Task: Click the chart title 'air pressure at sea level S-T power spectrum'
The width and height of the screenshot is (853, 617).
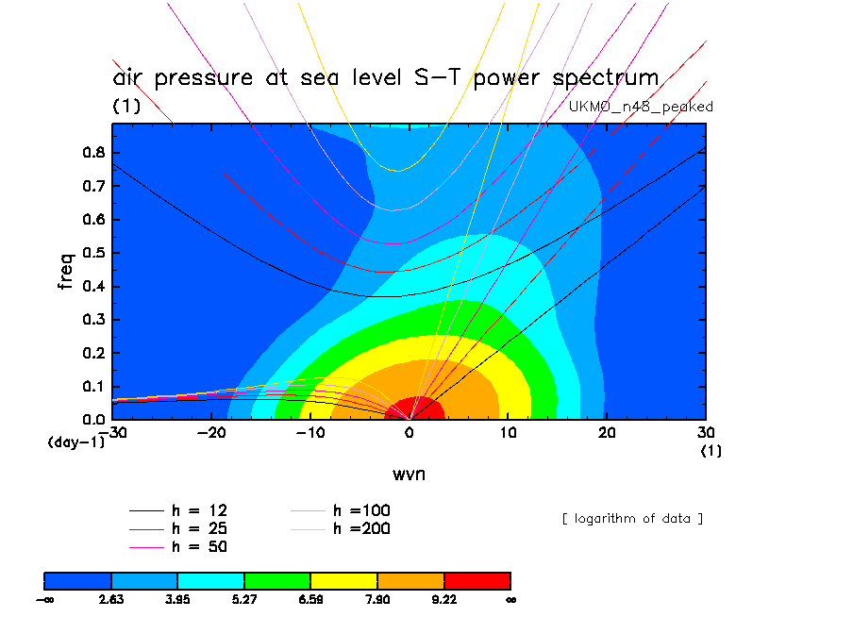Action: [385, 78]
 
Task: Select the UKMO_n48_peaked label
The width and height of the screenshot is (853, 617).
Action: [641, 107]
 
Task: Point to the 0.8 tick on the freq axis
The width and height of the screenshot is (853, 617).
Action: [94, 153]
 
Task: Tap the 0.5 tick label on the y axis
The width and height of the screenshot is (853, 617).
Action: [94, 253]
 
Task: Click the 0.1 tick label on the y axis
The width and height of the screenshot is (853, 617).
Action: [94, 386]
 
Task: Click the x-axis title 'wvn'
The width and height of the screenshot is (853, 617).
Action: [409, 473]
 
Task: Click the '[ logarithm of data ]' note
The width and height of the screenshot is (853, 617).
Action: [632, 519]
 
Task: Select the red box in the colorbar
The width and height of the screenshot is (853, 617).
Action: [477, 579]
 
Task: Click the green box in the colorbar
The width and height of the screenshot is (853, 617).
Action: [277, 579]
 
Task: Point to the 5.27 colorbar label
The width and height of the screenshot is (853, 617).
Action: [244, 599]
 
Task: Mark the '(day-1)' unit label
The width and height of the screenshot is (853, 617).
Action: [75, 442]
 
